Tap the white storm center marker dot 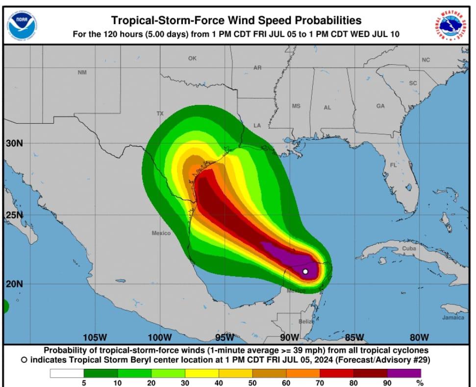point(305,271)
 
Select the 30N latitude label point(14,143)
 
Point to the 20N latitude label point(14,284)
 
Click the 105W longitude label point(95,337)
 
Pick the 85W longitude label point(354,337)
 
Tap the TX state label point(160,113)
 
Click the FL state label point(393,165)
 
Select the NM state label point(82,73)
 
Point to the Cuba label point(409,249)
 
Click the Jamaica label point(453,317)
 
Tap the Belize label point(306,321)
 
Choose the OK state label point(192,58)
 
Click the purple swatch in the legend point(404,373)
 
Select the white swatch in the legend point(67,373)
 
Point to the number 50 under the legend point(252,383)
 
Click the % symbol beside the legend point(419,383)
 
